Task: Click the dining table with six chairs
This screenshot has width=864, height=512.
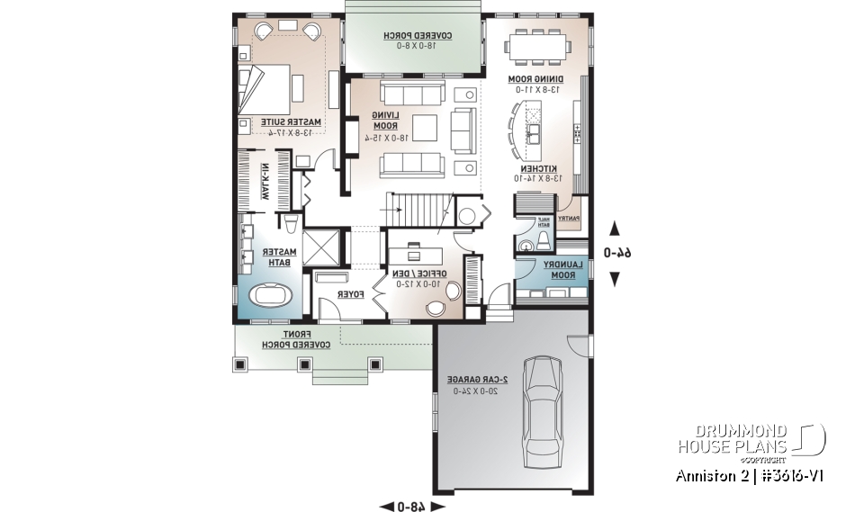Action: [538, 45]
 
